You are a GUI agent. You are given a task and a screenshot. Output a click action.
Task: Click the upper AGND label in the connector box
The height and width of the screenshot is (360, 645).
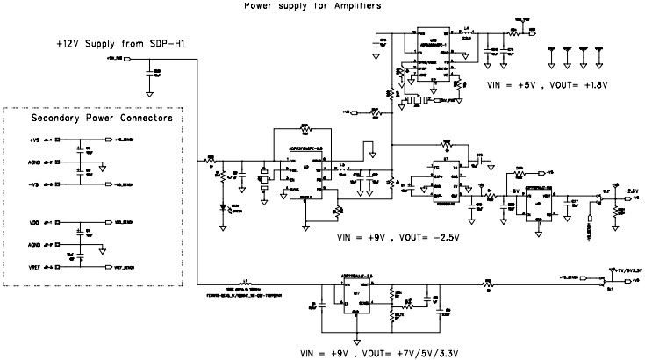coord(35,162)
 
